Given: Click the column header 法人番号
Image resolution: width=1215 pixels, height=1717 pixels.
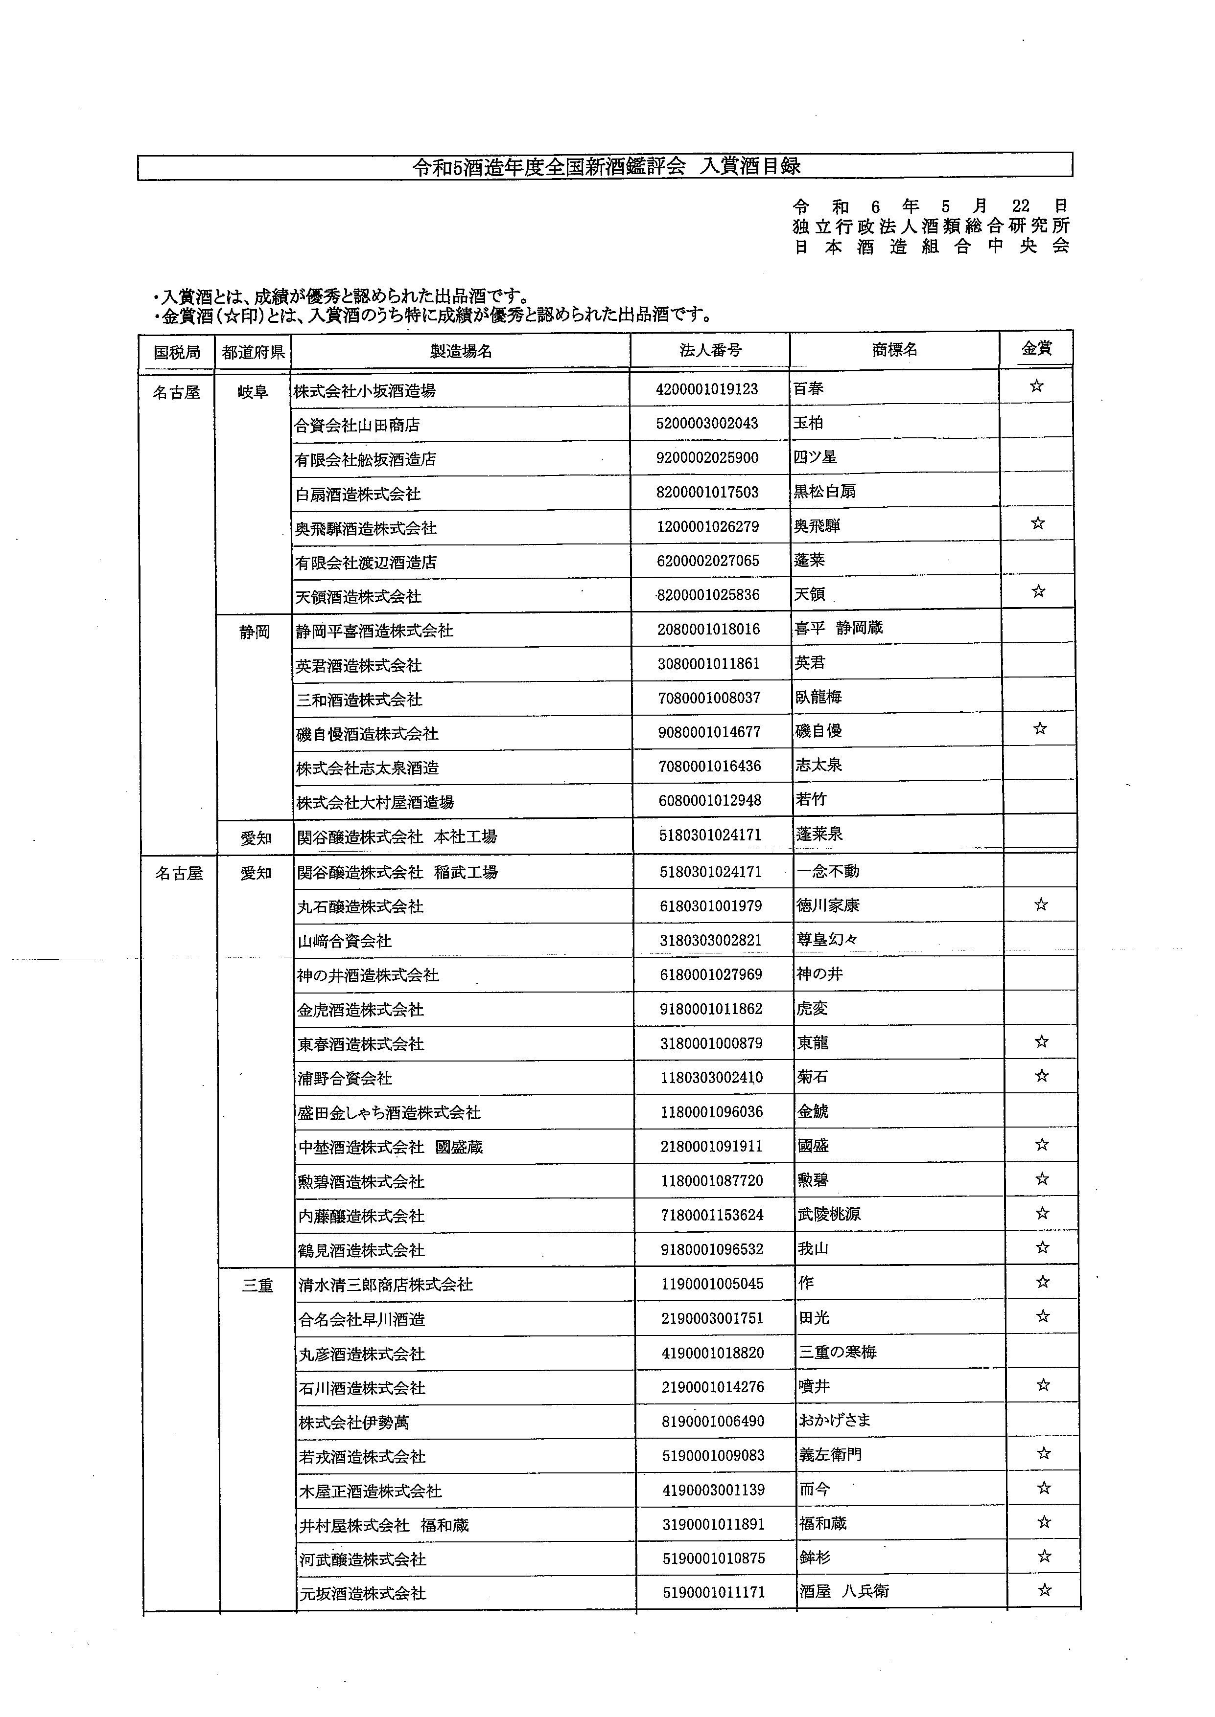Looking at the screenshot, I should pos(709,350).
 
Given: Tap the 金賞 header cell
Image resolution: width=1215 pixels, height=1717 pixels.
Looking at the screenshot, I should pos(1036,348).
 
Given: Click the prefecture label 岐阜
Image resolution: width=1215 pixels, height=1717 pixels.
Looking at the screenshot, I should pos(253,392).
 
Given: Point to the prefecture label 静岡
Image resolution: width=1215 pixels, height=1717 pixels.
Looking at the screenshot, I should pos(255,632).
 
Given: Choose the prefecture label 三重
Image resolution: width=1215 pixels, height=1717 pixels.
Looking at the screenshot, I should pos(257,1286).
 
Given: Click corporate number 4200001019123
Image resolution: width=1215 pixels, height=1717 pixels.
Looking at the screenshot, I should pos(706,389).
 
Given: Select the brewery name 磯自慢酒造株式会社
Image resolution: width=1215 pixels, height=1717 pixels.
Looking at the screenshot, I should pos(367,734).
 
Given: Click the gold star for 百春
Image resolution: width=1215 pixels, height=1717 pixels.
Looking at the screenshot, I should pos(1036,386).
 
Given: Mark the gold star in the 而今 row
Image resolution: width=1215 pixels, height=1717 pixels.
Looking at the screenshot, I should pos(1044,1488).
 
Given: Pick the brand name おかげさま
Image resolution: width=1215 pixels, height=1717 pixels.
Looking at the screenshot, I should pos(834,1420).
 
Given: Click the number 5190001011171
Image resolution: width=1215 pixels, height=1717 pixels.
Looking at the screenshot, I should pos(714,1592).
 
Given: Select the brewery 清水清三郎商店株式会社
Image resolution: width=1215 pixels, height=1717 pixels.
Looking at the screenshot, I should pos(385,1285).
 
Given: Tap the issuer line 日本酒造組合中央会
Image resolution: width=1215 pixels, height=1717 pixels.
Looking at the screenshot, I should pos(932,246).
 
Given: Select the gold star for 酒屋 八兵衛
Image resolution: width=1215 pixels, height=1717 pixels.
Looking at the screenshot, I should pos(1045,1590).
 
